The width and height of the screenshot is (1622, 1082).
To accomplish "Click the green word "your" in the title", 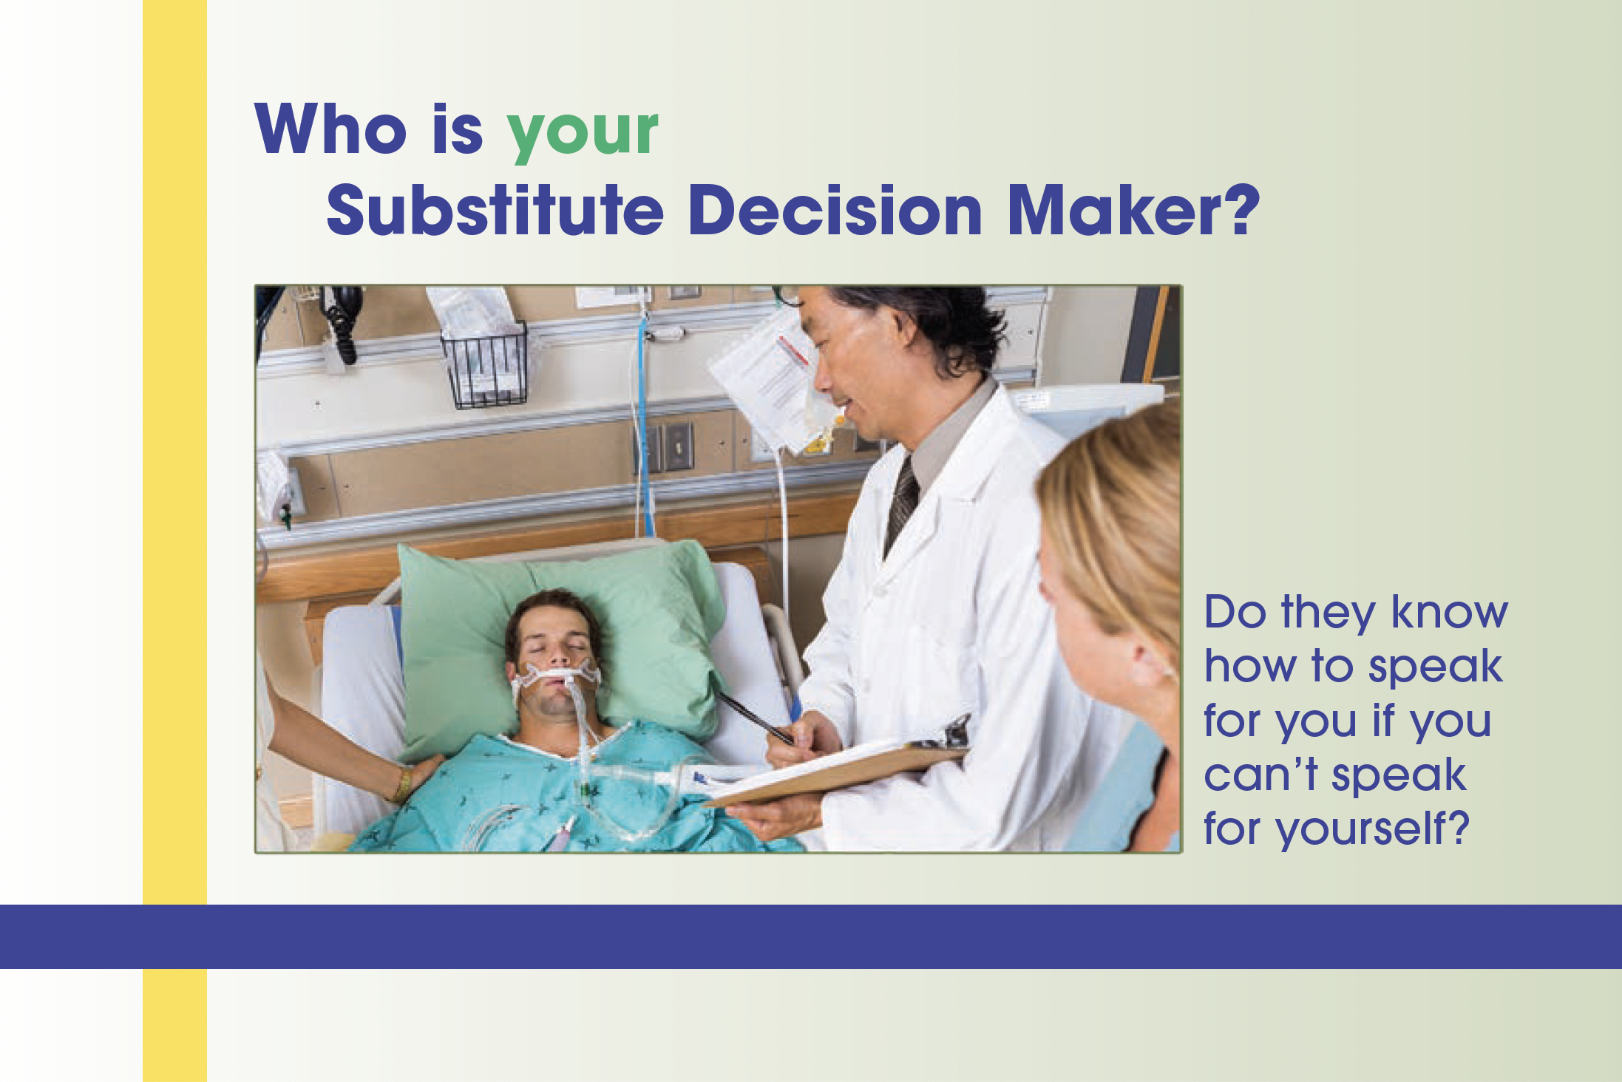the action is click(583, 133).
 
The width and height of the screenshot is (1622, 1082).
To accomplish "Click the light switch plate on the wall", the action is click(678, 447).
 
